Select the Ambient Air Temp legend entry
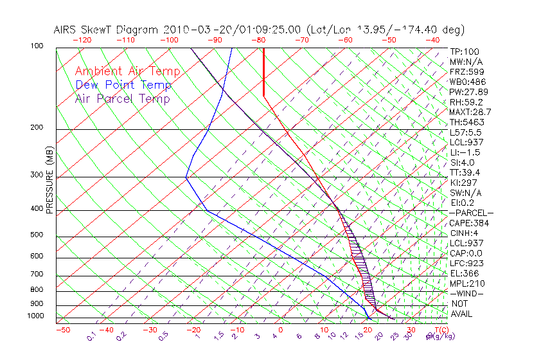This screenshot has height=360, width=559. coord(128,72)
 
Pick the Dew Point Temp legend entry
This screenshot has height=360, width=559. coord(123,85)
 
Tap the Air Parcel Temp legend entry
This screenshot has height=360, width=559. coord(122,99)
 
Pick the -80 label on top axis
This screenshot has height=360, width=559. coord(260,40)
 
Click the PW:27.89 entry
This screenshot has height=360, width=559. coord(468,92)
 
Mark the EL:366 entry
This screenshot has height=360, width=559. coord(464,273)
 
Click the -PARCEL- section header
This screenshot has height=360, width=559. coord(471,213)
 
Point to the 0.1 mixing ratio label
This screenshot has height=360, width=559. coord(91,336)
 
